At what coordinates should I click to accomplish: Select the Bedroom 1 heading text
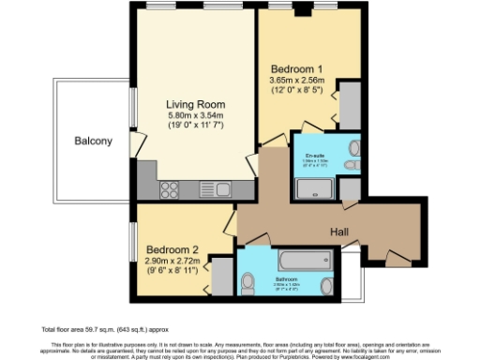coord(298,69)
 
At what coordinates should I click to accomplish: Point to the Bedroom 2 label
coord(172,250)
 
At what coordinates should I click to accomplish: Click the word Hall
coord(339,231)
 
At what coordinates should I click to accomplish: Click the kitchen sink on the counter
coord(209,189)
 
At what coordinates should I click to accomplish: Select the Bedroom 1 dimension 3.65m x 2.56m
coord(298,81)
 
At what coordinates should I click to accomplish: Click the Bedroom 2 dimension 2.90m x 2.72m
coord(172,262)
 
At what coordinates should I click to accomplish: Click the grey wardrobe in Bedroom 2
coord(223,277)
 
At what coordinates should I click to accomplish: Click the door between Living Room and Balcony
coord(137,144)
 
